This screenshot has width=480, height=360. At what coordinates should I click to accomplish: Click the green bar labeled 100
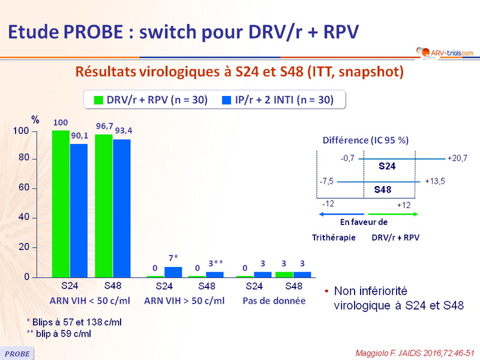click(x=61, y=203)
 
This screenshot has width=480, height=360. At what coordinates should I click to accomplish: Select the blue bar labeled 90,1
click(x=79, y=211)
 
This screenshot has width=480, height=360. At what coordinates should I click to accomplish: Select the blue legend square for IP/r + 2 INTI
click(x=226, y=100)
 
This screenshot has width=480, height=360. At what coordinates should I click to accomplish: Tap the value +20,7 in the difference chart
click(x=457, y=158)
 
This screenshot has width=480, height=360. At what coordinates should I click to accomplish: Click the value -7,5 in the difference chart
click(x=326, y=179)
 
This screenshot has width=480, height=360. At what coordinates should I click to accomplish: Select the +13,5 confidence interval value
click(x=434, y=179)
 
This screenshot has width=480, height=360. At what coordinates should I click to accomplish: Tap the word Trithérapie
click(x=334, y=237)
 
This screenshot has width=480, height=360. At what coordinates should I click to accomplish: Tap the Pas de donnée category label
click(x=274, y=300)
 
